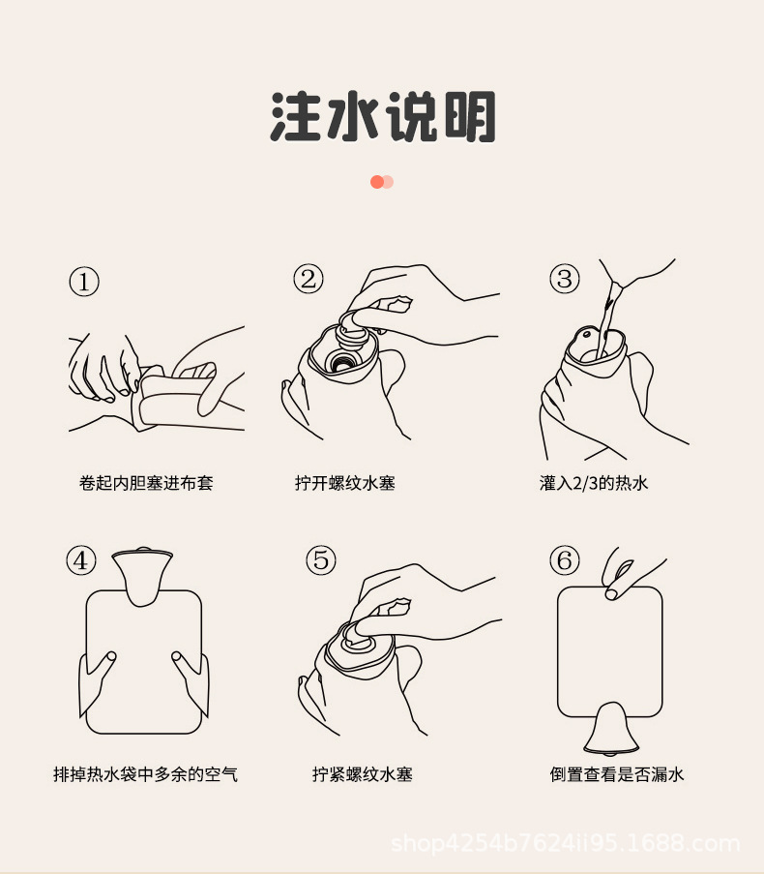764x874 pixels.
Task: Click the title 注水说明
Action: (x=383, y=118)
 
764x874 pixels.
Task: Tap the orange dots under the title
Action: (x=382, y=181)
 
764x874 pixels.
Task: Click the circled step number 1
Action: (x=84, y=282)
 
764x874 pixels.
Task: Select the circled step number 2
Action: (x=309, y=280)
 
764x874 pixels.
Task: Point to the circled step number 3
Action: (x=565, y=280)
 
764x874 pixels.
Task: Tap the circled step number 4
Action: (x=81, y=559)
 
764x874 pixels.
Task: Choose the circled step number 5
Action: (x=321, y=559)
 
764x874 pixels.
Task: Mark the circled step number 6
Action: (x=565, y=559)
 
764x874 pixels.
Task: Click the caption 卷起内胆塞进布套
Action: (x=146, y=482)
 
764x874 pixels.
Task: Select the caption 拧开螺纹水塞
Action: (x=345, y=482)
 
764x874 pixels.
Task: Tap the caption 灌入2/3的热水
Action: (x=594, y=482)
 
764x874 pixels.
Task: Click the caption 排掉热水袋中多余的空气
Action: (x=145, y=774)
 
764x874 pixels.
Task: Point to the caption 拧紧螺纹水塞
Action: (x=362, y=774)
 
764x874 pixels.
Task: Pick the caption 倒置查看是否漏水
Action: (x=617, y=774)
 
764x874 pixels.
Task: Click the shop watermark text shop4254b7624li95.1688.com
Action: (x=566, y=843)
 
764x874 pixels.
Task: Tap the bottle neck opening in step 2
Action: (x=340, y=363)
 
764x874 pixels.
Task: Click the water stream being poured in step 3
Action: (x=604, y=315)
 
